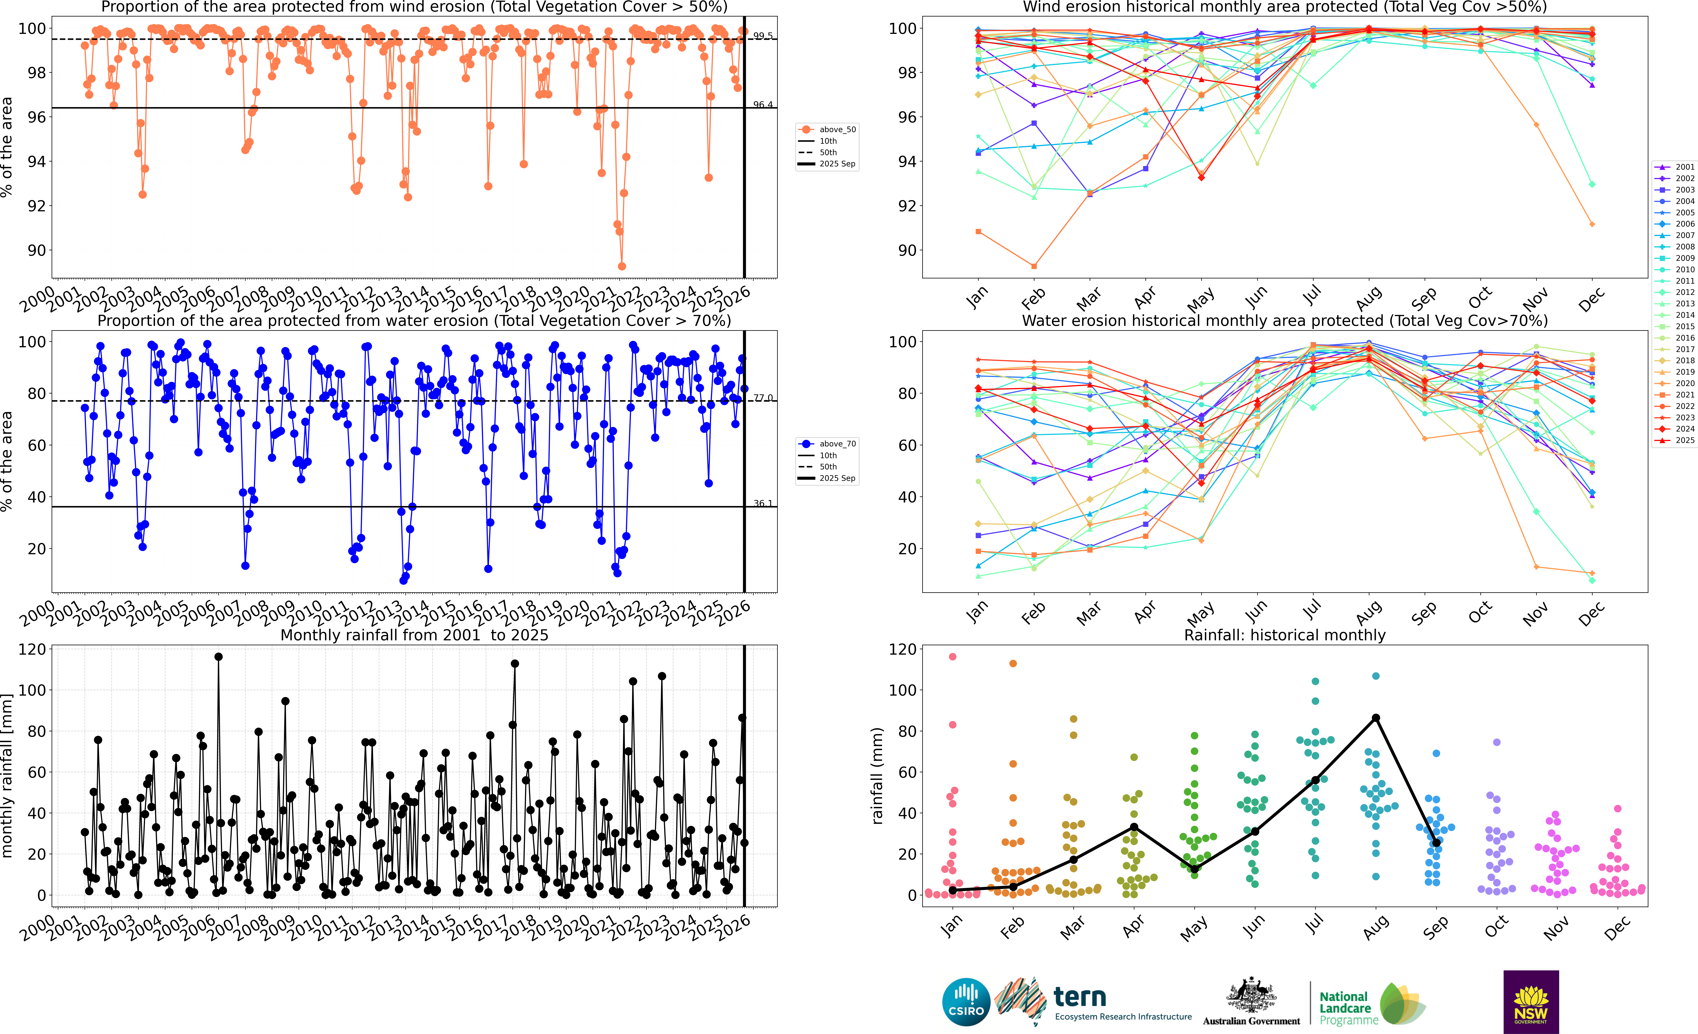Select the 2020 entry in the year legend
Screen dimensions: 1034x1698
pos(1684,383)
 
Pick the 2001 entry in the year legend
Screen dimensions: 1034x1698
pos(1684,167)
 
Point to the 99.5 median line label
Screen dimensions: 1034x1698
pos(763,36)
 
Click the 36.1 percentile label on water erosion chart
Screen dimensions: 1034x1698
pos(763,503)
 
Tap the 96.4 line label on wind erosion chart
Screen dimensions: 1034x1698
pos(763,105)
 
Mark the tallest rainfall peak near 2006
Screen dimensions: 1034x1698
pos(218,657)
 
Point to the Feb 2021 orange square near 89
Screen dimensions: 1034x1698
pos(1034,266)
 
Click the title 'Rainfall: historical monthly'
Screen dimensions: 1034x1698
pos(1285,635)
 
